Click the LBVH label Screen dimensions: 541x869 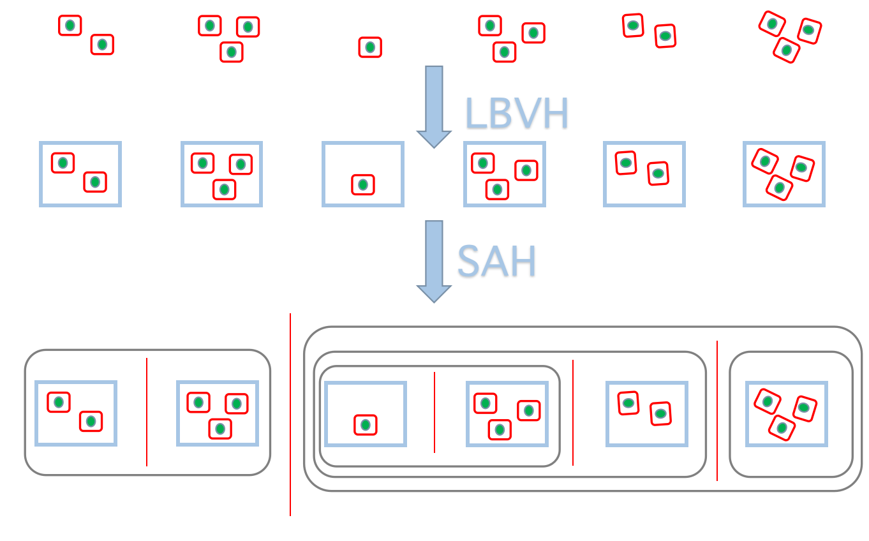tap(516, 114)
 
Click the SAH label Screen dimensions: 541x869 tap(496, 262)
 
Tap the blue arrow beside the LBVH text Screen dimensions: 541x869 tap(434, 106)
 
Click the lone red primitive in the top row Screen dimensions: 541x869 tap(370, 47)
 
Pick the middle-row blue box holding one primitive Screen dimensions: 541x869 tap(363, 174)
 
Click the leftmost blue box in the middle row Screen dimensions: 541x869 tap(80, 174)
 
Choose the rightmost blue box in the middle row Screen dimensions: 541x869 tap(784, 174)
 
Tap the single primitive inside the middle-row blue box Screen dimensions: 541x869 tap(363, 185)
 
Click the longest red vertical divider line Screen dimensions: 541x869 tap(290, 415)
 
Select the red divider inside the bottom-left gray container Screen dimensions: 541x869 tap(147, 412)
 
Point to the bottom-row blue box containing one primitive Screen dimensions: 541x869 tap(366, 414)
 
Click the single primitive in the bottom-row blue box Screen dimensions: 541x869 tap(366, 425)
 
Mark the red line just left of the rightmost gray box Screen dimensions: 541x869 tap(717, 411)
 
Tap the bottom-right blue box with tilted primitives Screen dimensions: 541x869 tap(787, 414)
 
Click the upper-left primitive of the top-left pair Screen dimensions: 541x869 tap(70, 26)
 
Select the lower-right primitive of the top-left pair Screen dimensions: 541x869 tap(102, 45)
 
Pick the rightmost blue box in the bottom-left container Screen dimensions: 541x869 tap(218, 413)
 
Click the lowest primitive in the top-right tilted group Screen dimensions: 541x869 tap(786, 50)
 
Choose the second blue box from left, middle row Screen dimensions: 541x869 tap(222, 174)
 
